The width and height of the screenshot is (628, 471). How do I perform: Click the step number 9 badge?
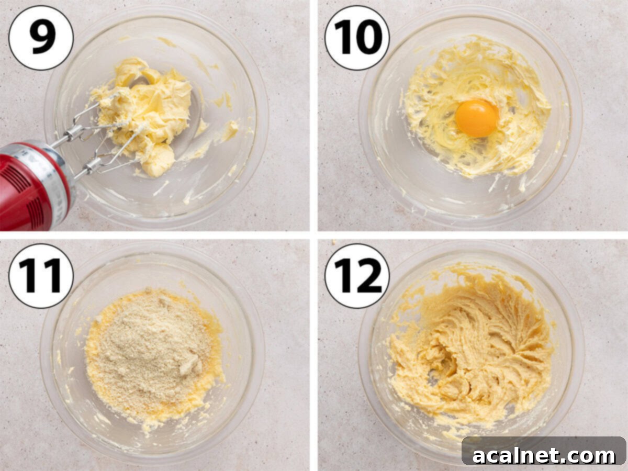tap(41, 38)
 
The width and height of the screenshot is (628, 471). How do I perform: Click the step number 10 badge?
tap(357, 38)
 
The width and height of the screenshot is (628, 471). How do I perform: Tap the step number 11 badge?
tap(41, 276)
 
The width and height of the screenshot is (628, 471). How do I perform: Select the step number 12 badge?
tap(357, 276)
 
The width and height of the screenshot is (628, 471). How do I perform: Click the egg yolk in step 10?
tap(476, 118)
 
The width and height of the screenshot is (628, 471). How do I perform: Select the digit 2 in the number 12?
tap(369, 276)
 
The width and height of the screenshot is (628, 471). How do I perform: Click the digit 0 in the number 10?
tap(369, 38)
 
